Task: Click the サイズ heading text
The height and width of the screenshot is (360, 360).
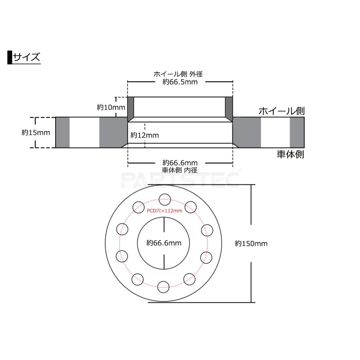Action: [26, 57]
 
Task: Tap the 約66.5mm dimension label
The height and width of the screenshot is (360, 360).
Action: [180, 82]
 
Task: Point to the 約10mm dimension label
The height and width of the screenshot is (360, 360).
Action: [106, 107]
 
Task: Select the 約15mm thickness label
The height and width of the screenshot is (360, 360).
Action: [36, 132]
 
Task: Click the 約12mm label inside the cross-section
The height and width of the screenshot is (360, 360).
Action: [145, 135]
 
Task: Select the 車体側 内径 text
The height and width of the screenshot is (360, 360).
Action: [180, 170]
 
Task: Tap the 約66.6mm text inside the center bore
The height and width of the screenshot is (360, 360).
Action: [164, 242]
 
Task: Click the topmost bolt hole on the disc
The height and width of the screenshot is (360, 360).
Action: [164, 199]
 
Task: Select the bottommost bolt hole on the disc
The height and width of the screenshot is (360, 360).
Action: [163, 286]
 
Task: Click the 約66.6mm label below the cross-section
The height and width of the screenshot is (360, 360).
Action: [180, 162]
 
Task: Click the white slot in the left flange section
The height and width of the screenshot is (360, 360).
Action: [84, 132]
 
